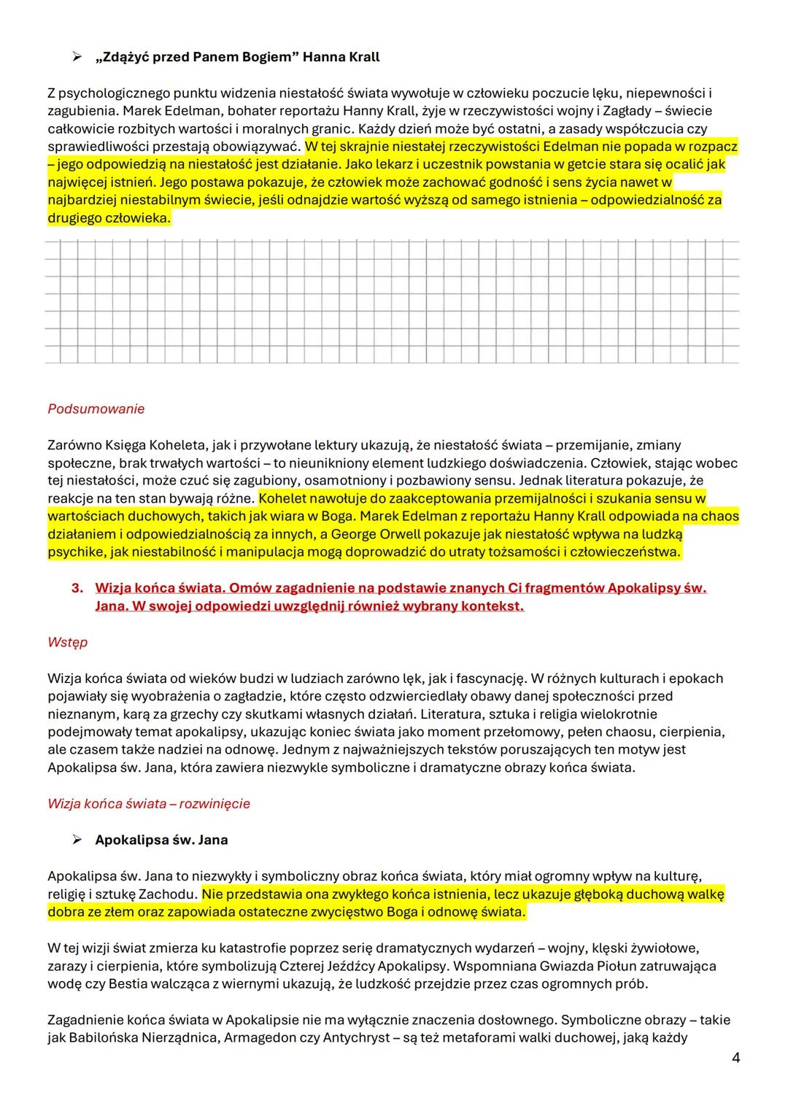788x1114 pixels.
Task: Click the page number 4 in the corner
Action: pos(735,1058)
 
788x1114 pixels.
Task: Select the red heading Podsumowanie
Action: pos(96,409)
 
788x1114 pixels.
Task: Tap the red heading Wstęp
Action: pos(67,642)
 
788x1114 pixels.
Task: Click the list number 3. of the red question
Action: pos(77,588)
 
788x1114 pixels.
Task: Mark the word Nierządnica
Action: pos(150,1037)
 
